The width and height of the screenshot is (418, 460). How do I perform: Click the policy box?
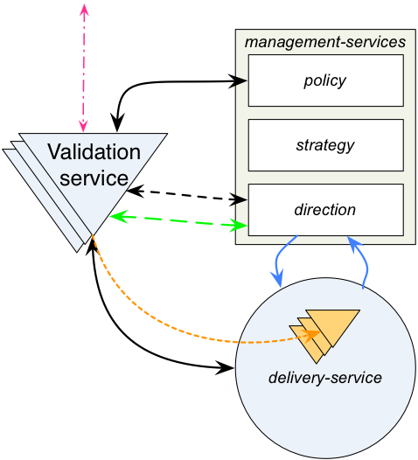coord(325,80)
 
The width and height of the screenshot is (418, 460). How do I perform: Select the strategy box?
coord(325,145)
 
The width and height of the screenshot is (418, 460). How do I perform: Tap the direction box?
coord(325,210)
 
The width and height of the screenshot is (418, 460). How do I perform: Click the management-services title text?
coord(325,42)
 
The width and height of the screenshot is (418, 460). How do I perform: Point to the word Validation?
coord(94,151)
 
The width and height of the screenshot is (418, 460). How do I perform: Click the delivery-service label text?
coord(325,378)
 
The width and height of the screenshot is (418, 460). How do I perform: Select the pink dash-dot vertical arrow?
coord(84,68)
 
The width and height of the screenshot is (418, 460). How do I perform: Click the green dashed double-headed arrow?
coord(178,221)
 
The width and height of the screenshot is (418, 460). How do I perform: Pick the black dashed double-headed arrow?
coord(186,195)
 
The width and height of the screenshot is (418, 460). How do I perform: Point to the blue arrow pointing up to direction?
coord(364,261)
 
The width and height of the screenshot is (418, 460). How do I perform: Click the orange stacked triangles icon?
coord(324,336)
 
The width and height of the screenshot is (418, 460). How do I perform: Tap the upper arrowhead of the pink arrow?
coord(84,10)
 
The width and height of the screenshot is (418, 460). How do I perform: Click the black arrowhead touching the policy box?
coord(238,80)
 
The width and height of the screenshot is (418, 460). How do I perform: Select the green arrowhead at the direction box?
coord(239,225)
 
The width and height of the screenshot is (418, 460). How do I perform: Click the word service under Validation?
coord(94,178)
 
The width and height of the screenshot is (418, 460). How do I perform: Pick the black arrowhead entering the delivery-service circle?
coord(226,367)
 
